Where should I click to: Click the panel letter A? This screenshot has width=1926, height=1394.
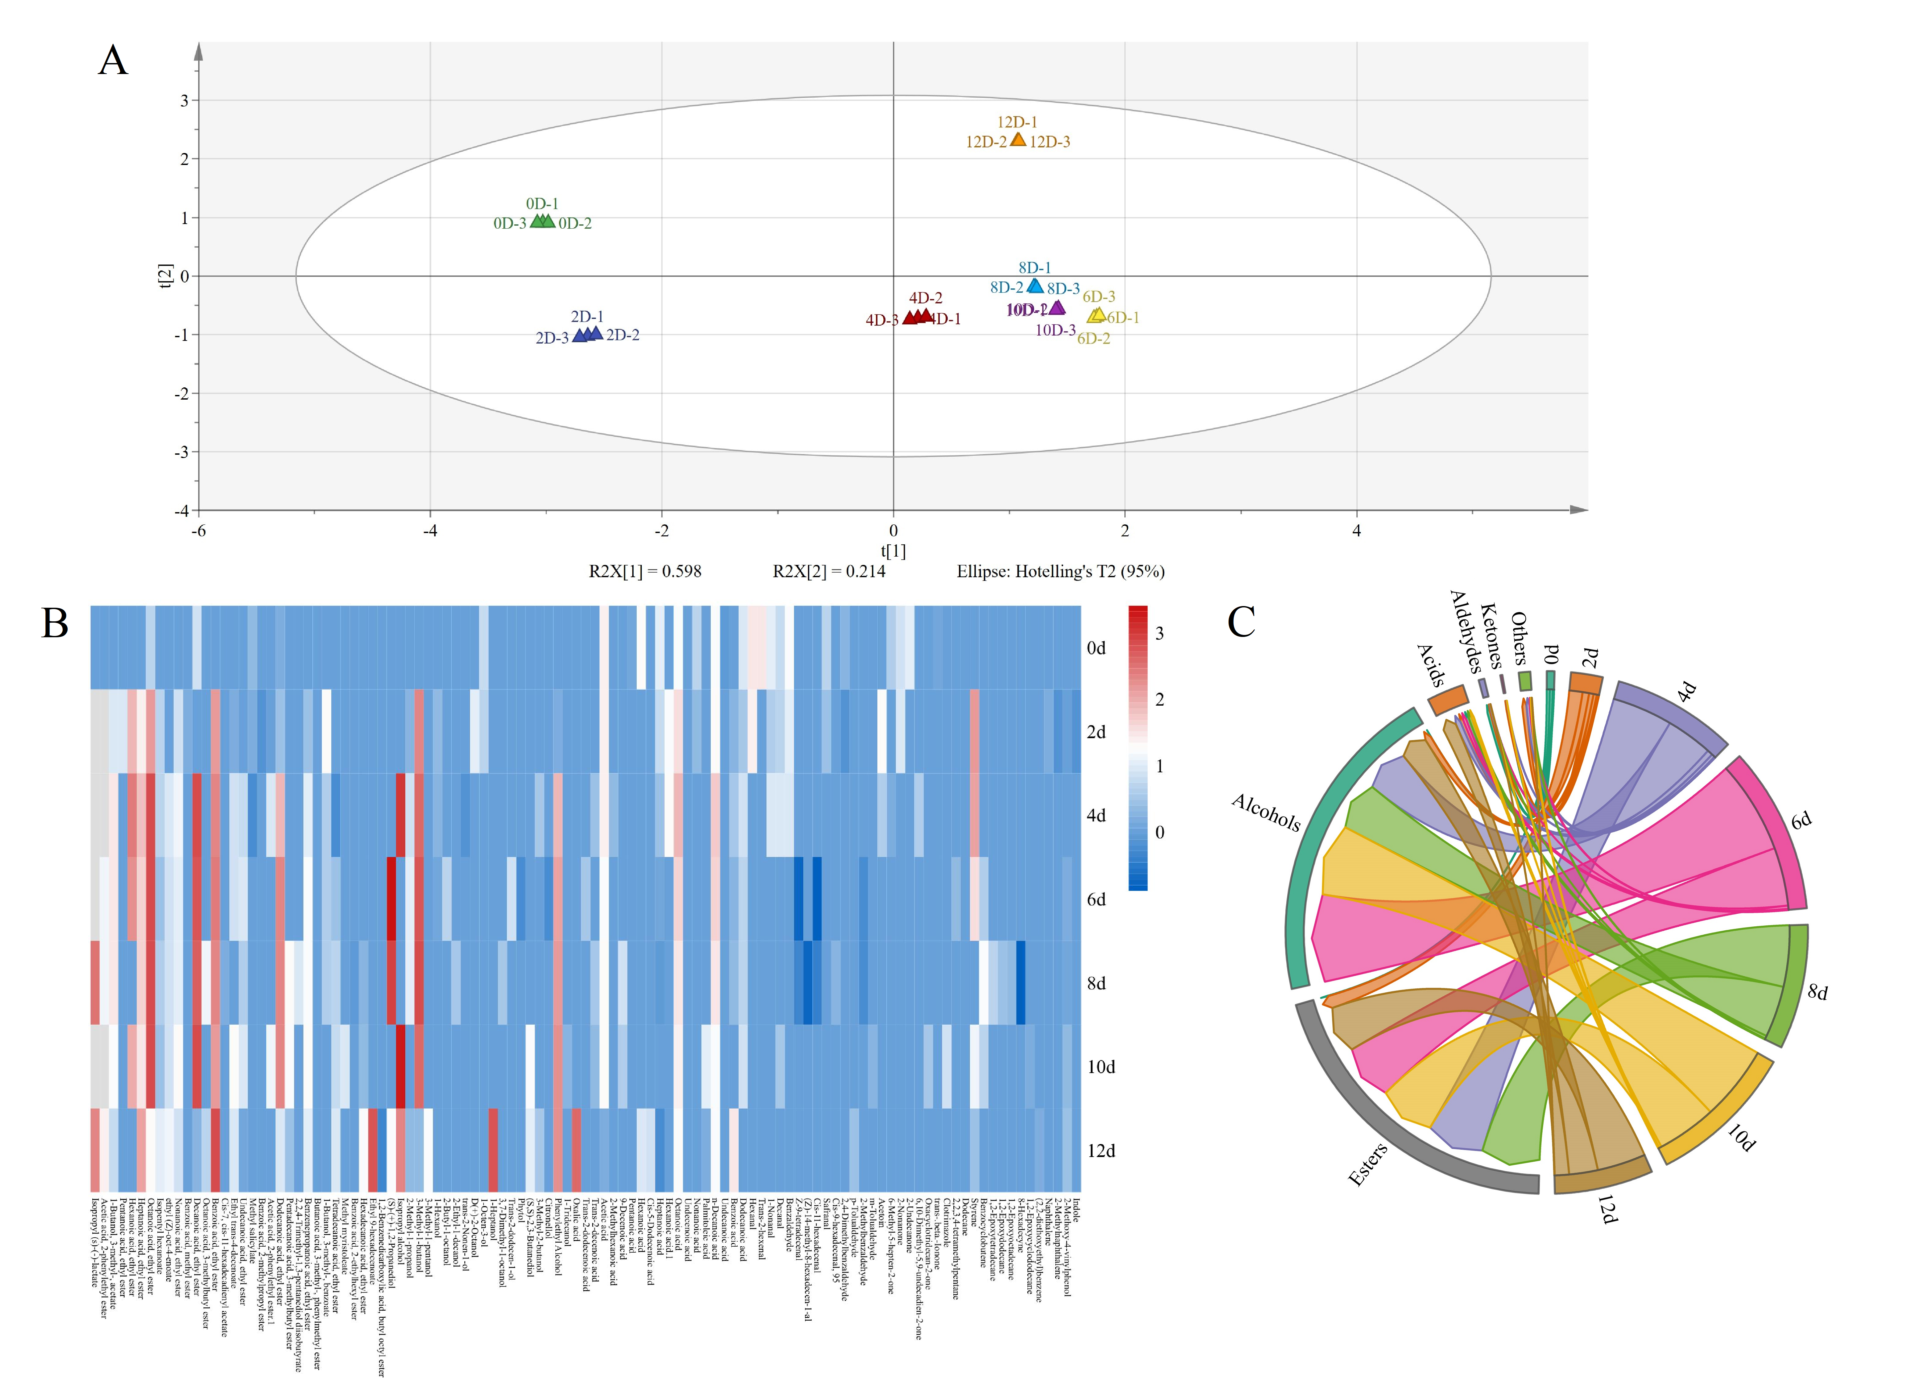[x=113, y=61]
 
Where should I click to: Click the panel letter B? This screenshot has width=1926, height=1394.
[x=55, y=623]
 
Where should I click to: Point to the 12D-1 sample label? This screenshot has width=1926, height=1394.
[x=1016, y=122]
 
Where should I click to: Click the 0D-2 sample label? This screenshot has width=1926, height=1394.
[x=575, y=223]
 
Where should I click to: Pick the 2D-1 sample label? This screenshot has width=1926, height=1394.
[x=587, y=317]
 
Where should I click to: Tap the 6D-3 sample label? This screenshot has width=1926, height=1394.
[x=1099, y=296]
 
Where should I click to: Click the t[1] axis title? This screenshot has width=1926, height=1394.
[x=893, y=551]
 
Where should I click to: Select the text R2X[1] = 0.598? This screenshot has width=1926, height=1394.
[x=645, y=571]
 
